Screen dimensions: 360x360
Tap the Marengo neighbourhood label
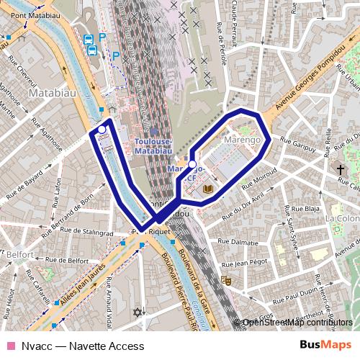241,139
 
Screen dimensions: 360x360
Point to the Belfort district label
21,254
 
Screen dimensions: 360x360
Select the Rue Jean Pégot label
248,264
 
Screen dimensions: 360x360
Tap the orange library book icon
209,189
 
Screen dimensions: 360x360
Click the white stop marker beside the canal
102,130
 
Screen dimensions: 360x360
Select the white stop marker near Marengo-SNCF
192,163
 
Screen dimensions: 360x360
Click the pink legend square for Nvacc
10,346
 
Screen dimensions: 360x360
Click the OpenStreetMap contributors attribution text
297,323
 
